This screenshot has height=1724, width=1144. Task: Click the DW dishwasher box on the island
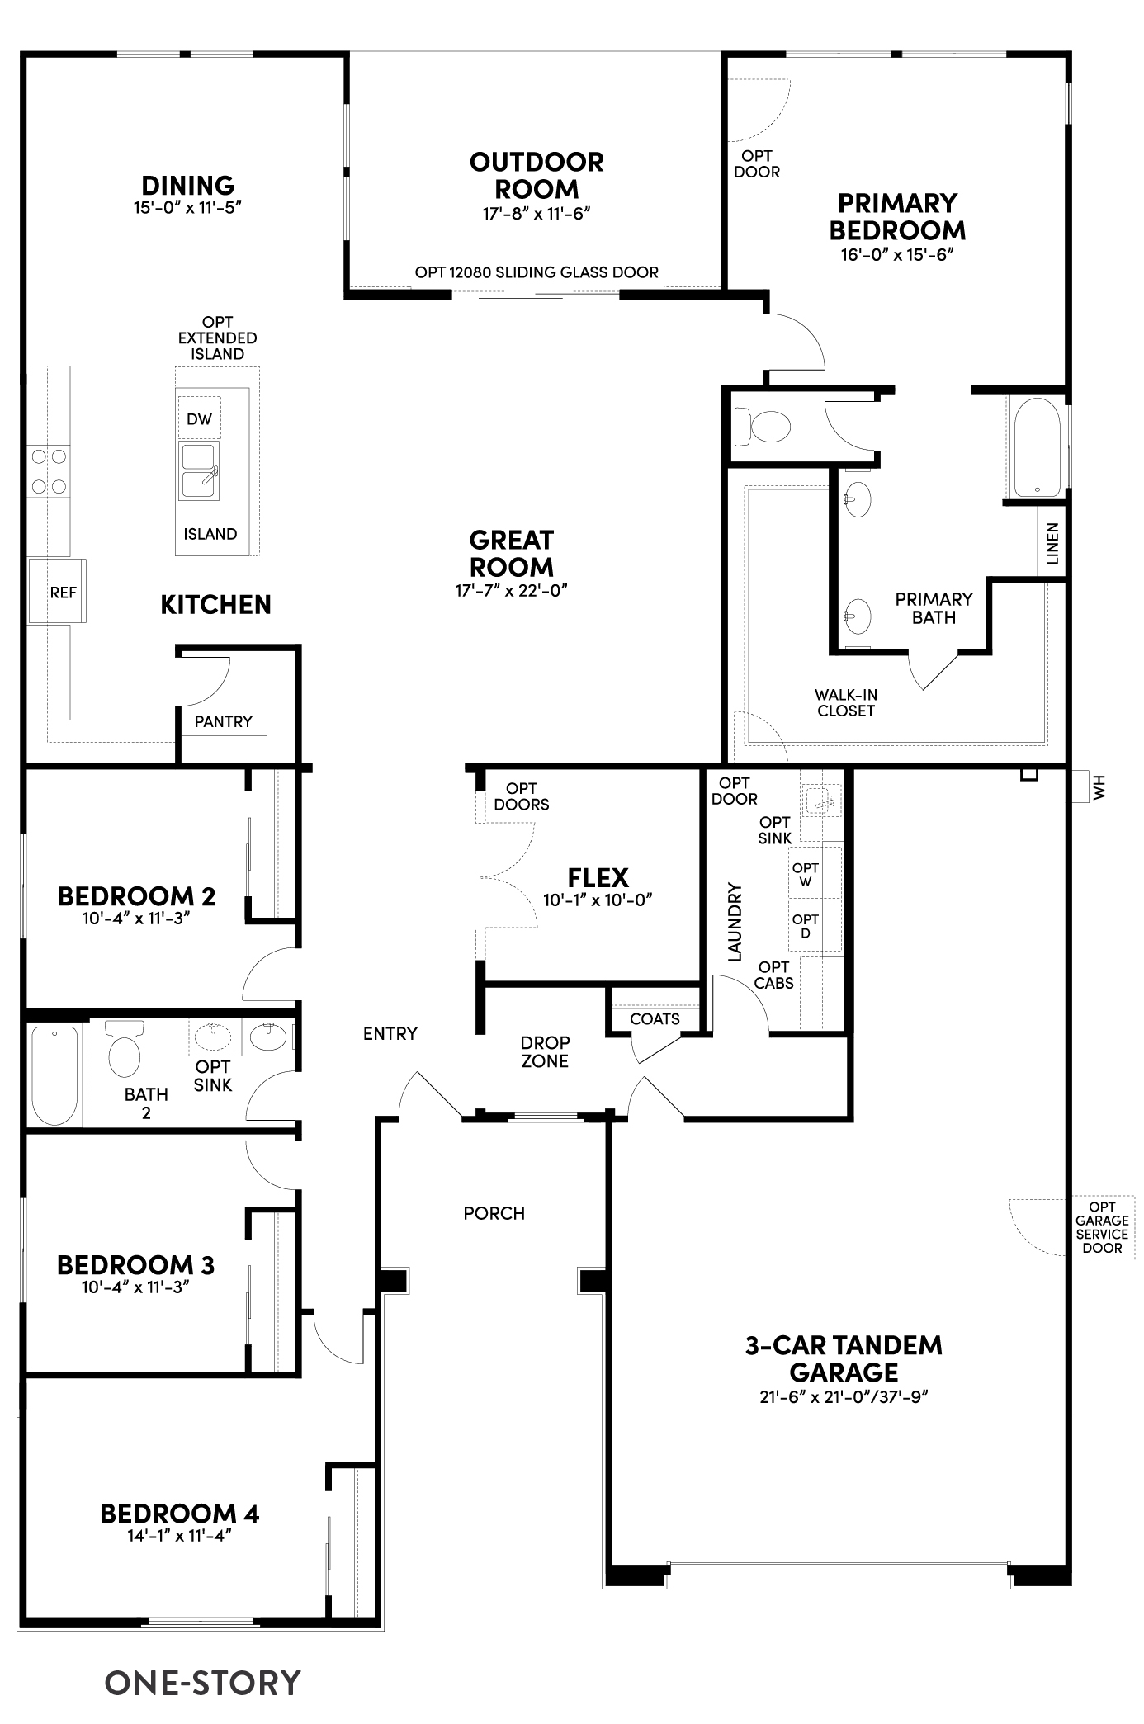pyautogui.click(x=199, y=419)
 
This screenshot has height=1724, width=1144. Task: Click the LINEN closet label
pyautogui.click(x=1052, y=543)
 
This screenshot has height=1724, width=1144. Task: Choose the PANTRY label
pyautogui.click(x=223, y=721)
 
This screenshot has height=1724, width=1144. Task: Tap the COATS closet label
pyautogui.click(x=655, y=1019)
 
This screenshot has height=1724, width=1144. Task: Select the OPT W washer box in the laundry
pyautogui.click(x=806, y=875)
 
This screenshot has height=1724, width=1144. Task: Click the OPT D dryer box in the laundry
pyautogui.click(x=806, y=926)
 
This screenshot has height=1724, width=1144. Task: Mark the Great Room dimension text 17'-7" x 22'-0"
pyautogui.click(x=512, y=591)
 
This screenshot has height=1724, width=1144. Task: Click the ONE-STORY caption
pyautogui.click(x=202, y=1683)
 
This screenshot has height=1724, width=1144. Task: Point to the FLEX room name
pyautogui.click(x=598, y=877)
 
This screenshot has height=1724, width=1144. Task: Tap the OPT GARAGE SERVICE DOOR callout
pyautogui.click(x=1102, y=1227)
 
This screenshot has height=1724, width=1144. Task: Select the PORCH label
pyautogui.click(x=494, y=1213)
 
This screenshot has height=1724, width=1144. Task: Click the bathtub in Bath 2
pyautogui.click(x=55, y=1075)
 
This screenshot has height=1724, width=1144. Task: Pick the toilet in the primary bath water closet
pyautogui.click(x=763, y=427)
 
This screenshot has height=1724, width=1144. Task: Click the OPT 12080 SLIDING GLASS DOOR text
pyautogui.click(x=537, y=272)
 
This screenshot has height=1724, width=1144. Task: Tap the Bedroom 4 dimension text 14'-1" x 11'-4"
pyautogui.click(x=178, y=1536)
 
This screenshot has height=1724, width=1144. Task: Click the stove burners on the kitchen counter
pyautogui.click(x=48, y=471)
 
